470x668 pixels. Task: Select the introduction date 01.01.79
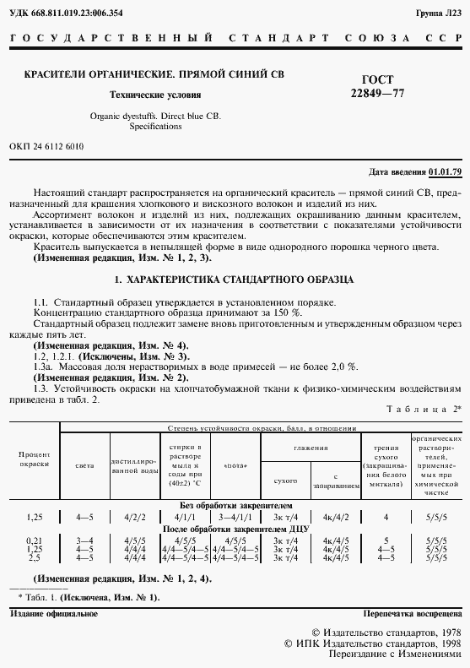coord(445,171)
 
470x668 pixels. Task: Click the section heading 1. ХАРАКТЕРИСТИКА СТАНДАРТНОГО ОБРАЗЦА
coord(235,279)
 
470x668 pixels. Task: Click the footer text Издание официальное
coord(54,612)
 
